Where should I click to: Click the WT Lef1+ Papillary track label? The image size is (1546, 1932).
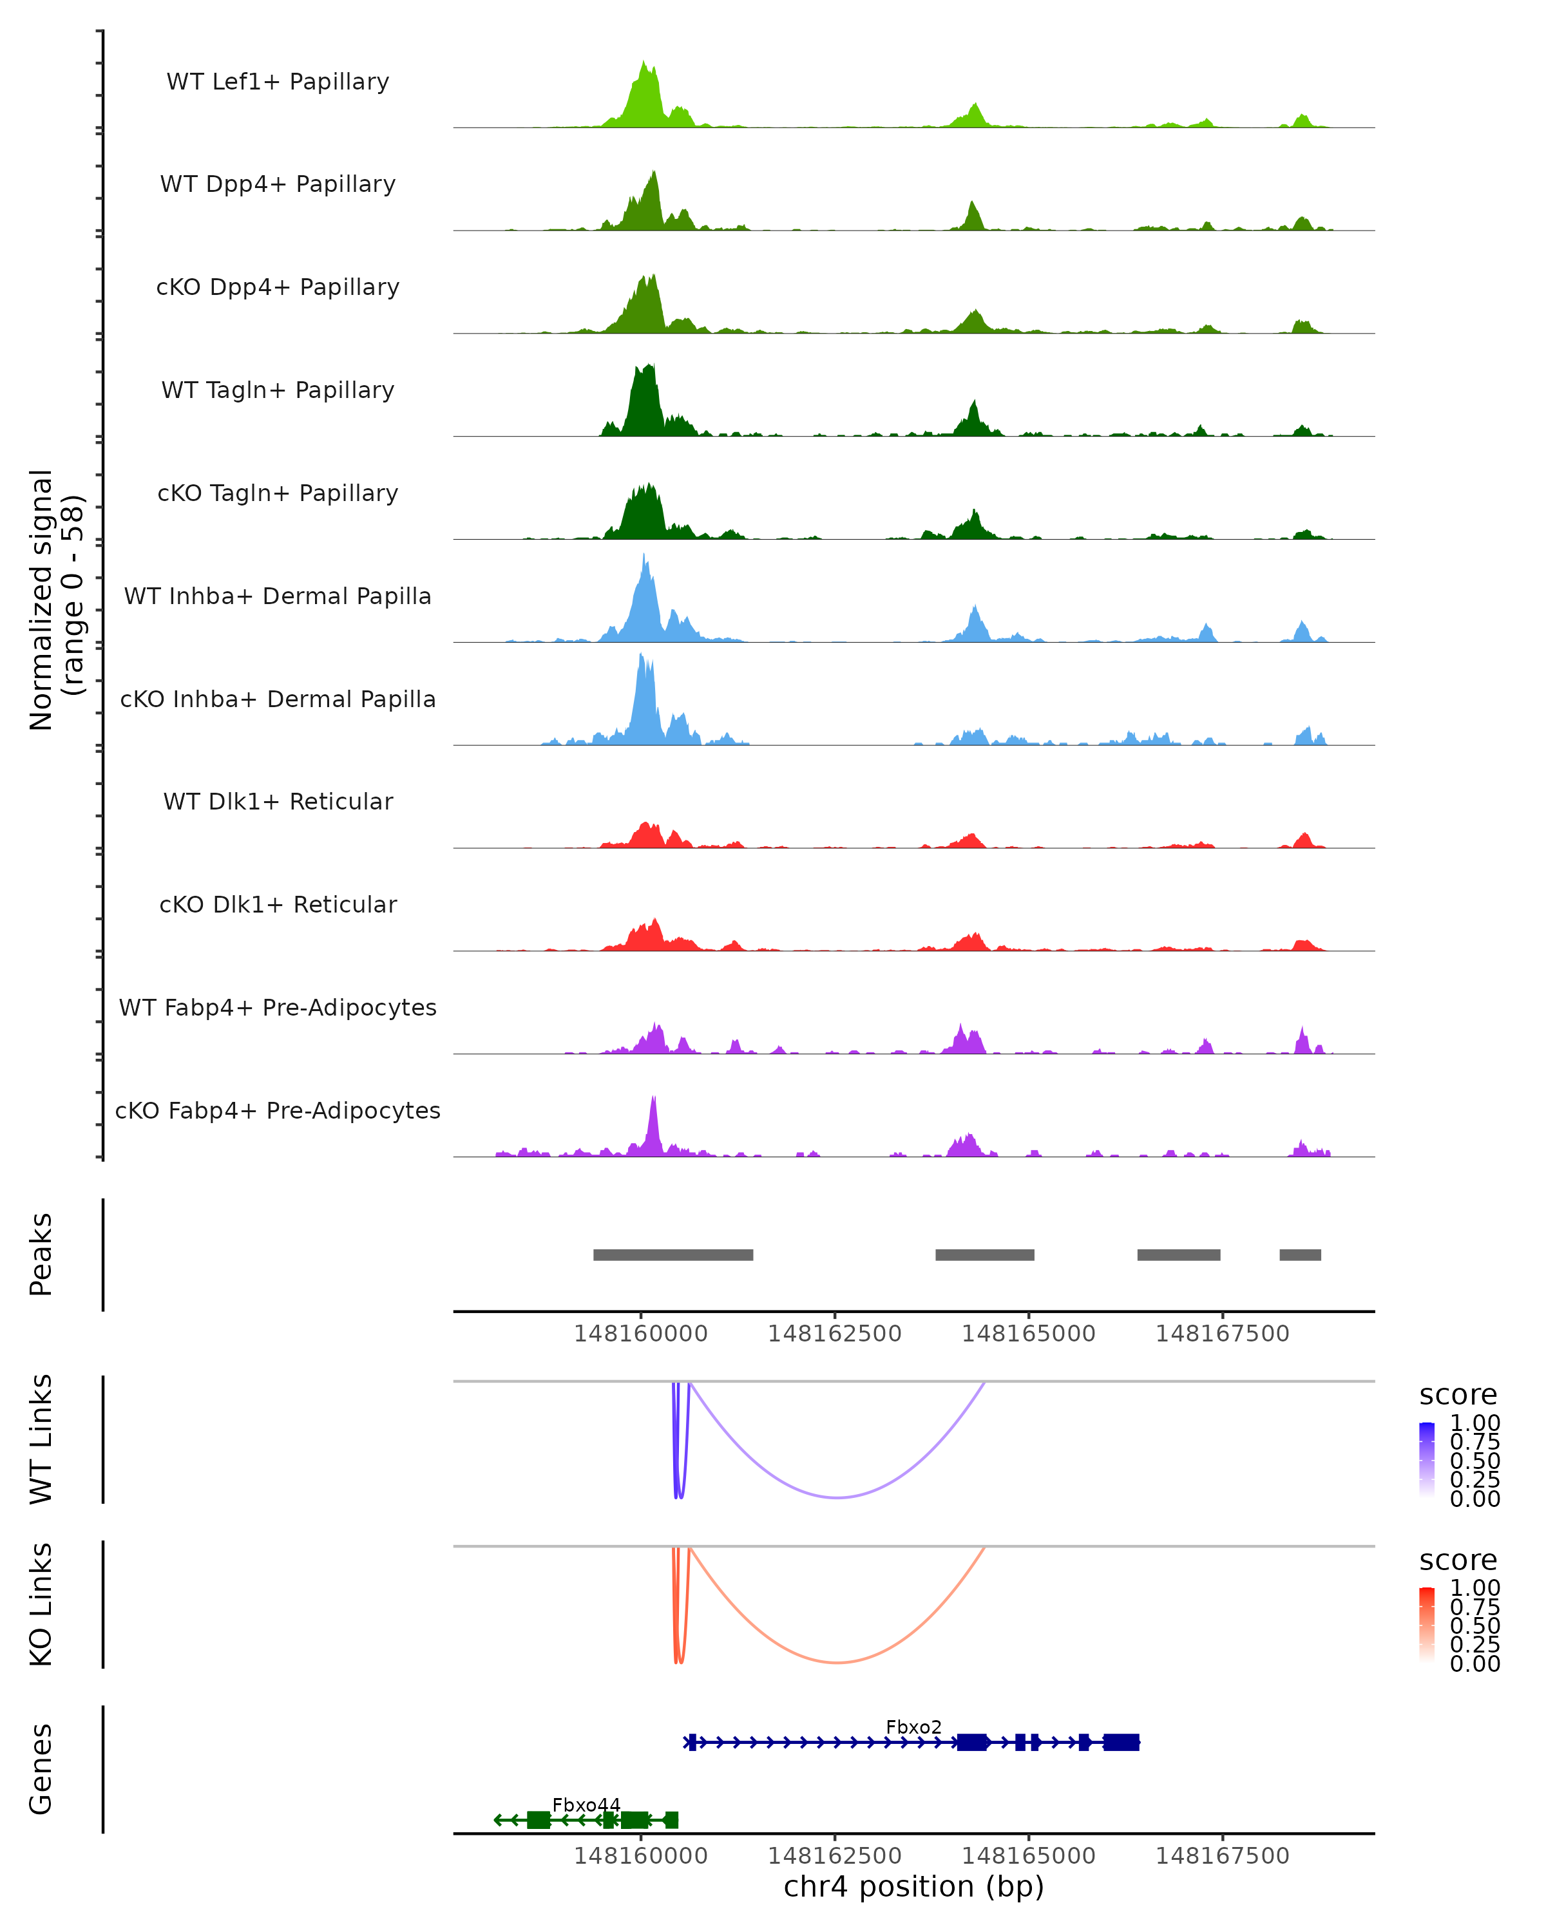[x=278, y=82]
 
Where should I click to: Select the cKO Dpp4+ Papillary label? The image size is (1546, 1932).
[x=278, y=287]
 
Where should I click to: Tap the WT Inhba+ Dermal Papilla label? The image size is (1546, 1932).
[x=278, y=596]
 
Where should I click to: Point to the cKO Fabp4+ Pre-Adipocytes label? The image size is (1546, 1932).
[x=278, y=1110]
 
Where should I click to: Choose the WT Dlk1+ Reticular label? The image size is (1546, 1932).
[x=278, y=801]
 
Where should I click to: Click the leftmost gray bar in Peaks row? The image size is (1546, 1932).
[x=673, y=1255]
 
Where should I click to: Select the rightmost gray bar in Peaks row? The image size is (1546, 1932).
[x=1299, y=1255]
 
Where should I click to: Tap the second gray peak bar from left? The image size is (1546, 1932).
[x=984, y=1255]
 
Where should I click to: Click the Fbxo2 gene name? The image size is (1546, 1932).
[x=913, y=1727]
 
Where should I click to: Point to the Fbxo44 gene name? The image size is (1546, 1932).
[x=586, y=1804]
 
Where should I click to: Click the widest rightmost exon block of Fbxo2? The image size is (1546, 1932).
[x=1121, y=1742]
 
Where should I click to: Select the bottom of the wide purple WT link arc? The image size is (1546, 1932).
[x=837, y=1497]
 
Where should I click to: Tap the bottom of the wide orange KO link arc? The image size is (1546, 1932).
[x=837, y=1662]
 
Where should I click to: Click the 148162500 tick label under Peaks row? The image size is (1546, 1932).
[x=834, y=1334]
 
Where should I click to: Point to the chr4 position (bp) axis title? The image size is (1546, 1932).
[x=913, y=1886]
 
